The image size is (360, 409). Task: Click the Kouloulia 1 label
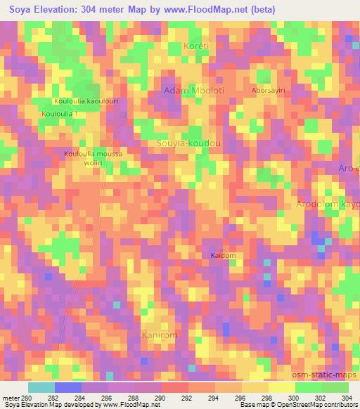(x=59, y=113)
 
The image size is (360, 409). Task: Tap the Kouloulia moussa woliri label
(x=93, y=158)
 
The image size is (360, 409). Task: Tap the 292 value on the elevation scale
(x=188, y=398)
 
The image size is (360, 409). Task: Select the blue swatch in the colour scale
(x=67, y=387)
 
